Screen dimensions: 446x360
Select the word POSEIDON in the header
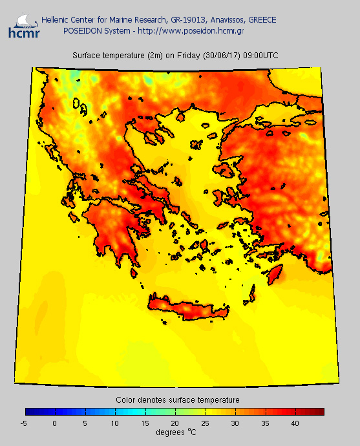click(x=81, y=30)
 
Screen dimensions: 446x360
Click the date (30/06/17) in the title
click(x=220, y=56)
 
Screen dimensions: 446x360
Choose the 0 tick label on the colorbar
click(x=55, y=423)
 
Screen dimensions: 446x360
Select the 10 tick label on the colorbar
click(x=114, y=423)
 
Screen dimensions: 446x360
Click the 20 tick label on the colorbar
click(x=175, y=423)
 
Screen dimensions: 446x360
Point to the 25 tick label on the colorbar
click(x=204, y=423)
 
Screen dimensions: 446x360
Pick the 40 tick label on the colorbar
click(x=294, y=423)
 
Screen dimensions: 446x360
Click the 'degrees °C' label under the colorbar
click(x=176, y=432)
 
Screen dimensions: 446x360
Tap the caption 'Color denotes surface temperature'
click(x=178, y=400)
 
